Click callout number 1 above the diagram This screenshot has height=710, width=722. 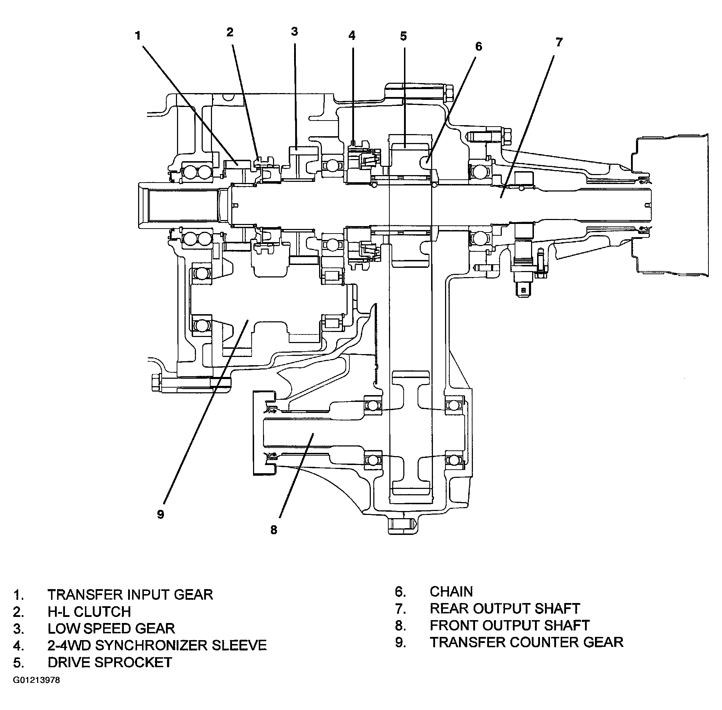click(138, 36)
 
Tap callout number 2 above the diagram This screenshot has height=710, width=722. click(230, 32)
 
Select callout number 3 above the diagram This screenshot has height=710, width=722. click(294, 31)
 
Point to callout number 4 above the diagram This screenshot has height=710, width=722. click(352, 35)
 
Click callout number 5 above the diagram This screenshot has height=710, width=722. click(403, 36)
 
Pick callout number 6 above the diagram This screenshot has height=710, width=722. click(479, 46)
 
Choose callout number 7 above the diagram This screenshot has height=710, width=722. click(559, 42)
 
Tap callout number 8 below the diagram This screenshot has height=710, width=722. click(274, 530)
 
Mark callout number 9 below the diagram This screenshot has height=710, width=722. click(161, 514)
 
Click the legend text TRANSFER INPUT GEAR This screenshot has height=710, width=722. click(130, 594)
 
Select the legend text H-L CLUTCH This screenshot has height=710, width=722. click(89, 612)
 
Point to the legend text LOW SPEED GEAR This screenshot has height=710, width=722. click(111, 628)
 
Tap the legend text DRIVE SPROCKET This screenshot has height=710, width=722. click(110, 662)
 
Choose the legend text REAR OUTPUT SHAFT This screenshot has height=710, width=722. click(505, 608)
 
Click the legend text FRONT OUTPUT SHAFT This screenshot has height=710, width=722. click(510, 625)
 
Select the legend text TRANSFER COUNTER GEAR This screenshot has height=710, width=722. click(526, 642)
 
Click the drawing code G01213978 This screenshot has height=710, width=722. click(36, 680)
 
